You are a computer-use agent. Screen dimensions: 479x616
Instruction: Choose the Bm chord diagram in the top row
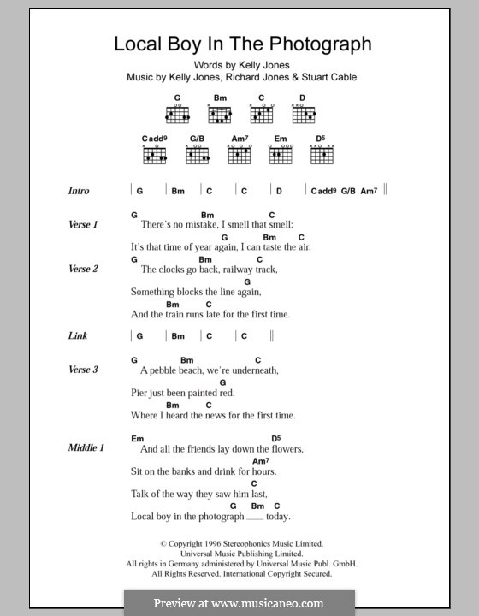220,115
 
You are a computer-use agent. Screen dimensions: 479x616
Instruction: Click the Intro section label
79,191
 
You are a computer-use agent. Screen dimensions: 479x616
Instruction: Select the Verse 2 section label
84,269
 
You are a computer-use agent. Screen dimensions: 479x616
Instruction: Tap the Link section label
78,336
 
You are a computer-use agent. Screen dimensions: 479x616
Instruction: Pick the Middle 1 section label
86,447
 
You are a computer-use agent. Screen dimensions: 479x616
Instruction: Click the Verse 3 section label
84,370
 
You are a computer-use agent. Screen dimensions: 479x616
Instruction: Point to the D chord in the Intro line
279,191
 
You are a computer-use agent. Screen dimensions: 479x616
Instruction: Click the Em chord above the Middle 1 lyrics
137,438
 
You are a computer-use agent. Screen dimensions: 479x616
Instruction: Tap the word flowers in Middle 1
285,448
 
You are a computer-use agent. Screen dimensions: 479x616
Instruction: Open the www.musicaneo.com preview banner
239,603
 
